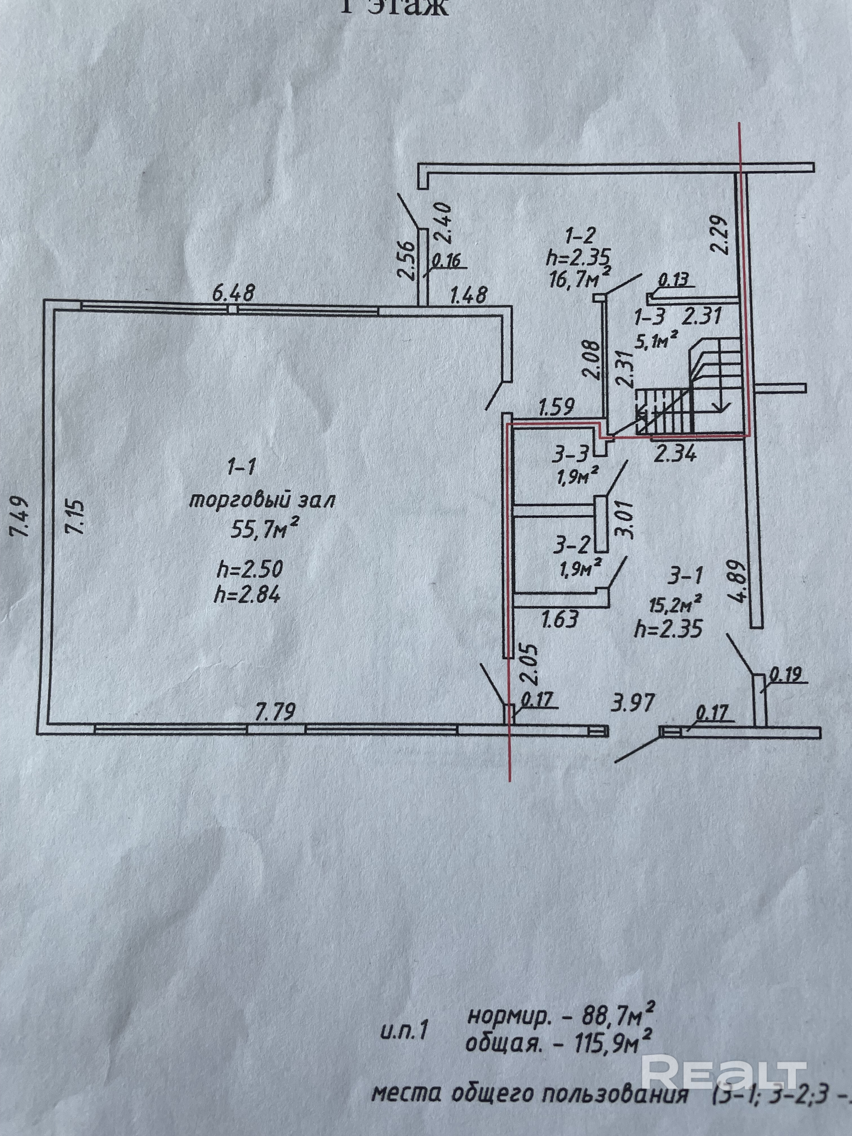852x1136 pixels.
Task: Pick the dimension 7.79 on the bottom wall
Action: point(277,712)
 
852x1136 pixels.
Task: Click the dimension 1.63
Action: point(561,618)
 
